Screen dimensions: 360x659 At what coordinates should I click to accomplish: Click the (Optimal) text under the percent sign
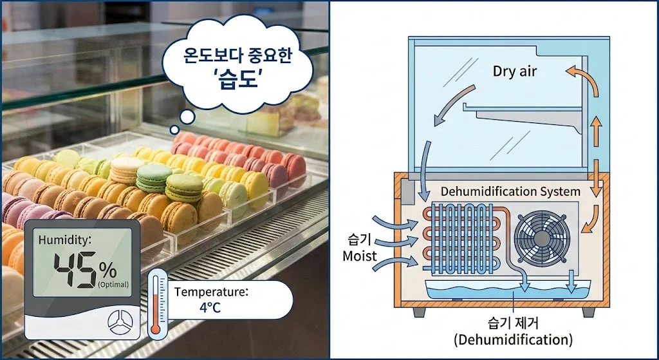click(x=113, y=284)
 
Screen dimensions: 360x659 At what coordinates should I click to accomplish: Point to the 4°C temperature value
click(x=210, y=307)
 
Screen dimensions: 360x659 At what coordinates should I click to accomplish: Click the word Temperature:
click(x=211, y=291)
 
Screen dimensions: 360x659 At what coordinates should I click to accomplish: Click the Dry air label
click(x=514, y=71)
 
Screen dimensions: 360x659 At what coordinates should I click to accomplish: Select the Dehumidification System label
click(x=510, y=191)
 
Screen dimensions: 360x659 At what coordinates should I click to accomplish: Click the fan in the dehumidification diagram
click(x=541, y=237)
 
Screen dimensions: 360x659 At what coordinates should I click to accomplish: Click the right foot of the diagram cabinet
click(x=587, y=312)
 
